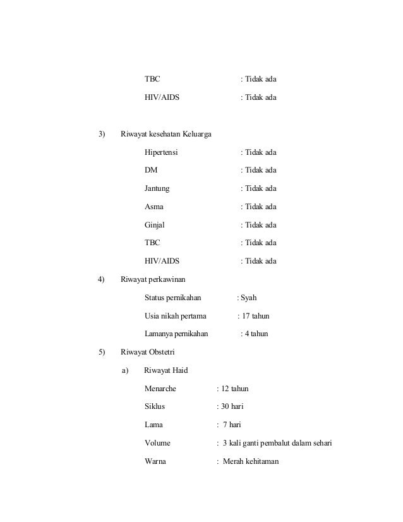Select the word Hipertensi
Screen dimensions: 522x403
click(x=161, y=153)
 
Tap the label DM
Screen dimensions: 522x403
click(x=151, y=171)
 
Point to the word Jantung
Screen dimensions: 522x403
click(x=157, y=189)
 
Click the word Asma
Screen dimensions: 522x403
click(x=154, y=207)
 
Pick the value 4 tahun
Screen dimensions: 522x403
click(x=256, y=334)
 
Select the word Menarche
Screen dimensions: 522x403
click(x=160, y=389)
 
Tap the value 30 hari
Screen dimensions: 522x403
click(x=232, y=406)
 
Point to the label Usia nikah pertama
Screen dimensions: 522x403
click(x=176, y=316)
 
